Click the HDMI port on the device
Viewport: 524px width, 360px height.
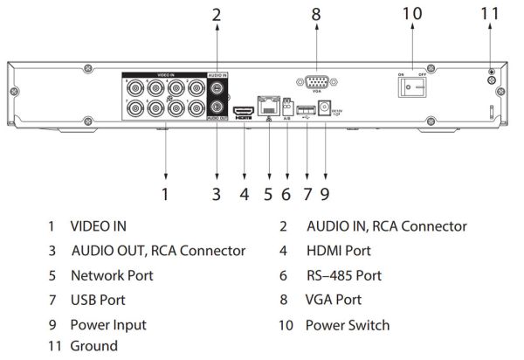click(x=245, y=111)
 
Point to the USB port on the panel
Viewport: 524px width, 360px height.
click(x=306, y=109)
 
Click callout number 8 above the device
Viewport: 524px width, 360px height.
click(x=315, y=15)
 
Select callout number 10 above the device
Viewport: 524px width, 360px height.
click(x=411, y=15)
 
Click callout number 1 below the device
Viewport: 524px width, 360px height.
click(x=165, y=190)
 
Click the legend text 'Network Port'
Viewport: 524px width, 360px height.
click(x=113, y=275)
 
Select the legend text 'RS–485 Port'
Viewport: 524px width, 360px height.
click(x=343, y=275)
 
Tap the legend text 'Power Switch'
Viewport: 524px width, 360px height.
click(x=347, y=325)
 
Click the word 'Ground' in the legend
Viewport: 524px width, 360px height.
click(x=94, y=346)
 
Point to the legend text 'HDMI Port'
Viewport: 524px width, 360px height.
click(x=338, y=251)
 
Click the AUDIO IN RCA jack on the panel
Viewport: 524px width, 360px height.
click(x=217, y=89)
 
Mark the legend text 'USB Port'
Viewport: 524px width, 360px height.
click(x=98, y=300)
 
